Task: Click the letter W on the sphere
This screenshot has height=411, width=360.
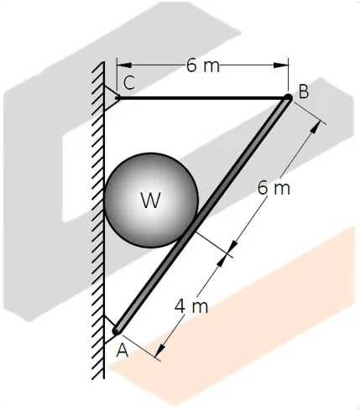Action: (151, 200)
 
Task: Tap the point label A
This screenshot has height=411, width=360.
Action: (123, 351)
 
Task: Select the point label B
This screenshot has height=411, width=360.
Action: (304, 91)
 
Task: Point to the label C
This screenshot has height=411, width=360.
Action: (129, 83)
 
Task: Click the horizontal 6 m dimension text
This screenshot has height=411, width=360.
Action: (203, 65)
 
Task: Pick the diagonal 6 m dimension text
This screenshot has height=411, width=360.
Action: (274, 188)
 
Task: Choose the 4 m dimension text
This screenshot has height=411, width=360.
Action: (191, 306)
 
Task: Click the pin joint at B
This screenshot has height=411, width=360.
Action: (288, 98)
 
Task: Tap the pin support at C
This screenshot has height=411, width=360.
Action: (112, 98)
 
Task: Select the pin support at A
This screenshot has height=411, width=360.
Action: (112, 330)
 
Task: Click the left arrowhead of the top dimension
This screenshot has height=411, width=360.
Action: (124, 65)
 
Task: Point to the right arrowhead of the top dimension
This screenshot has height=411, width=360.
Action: (281, 65)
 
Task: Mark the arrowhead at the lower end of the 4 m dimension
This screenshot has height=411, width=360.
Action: (160, 351)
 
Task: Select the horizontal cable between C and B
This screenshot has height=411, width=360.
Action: (202, 98)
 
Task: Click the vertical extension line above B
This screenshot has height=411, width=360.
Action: (288, 75)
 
